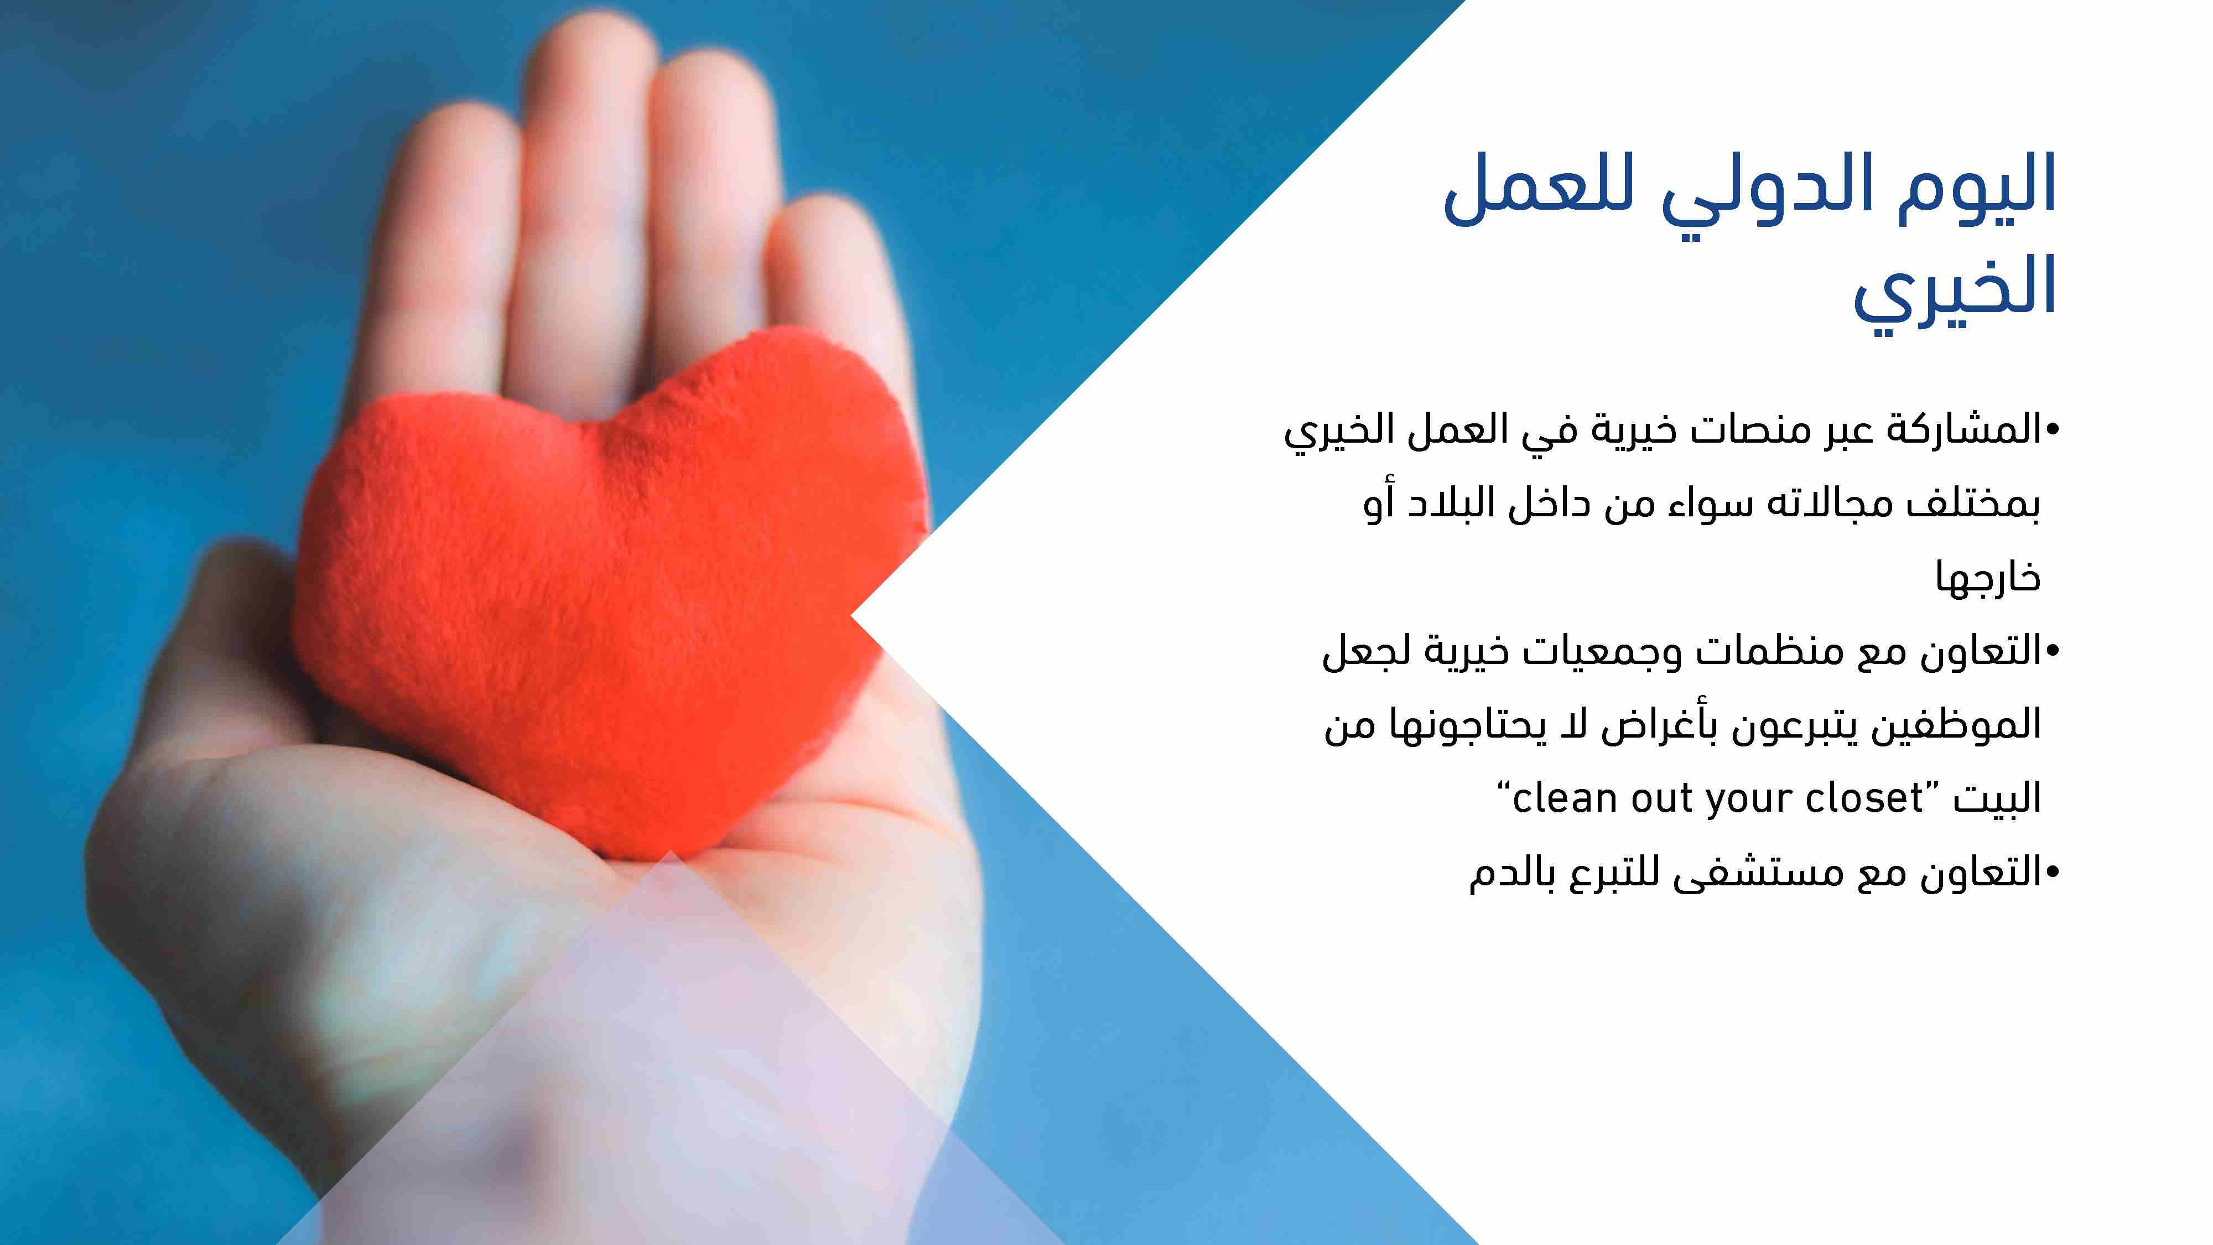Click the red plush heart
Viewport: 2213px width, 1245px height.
[x=610, y=593]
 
